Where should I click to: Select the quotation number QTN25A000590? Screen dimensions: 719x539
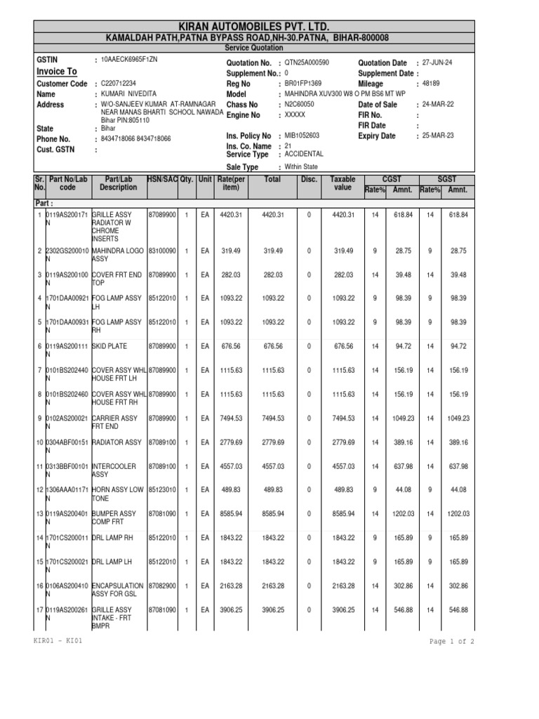[x=307, y=62]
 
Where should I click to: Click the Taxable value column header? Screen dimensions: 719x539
[x=342, y=184]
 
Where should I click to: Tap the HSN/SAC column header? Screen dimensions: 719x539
[x=162, y=180]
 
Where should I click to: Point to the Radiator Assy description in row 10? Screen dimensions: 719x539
[x=117, y=442]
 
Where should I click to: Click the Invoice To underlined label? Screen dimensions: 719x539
[x=56, y=72]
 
